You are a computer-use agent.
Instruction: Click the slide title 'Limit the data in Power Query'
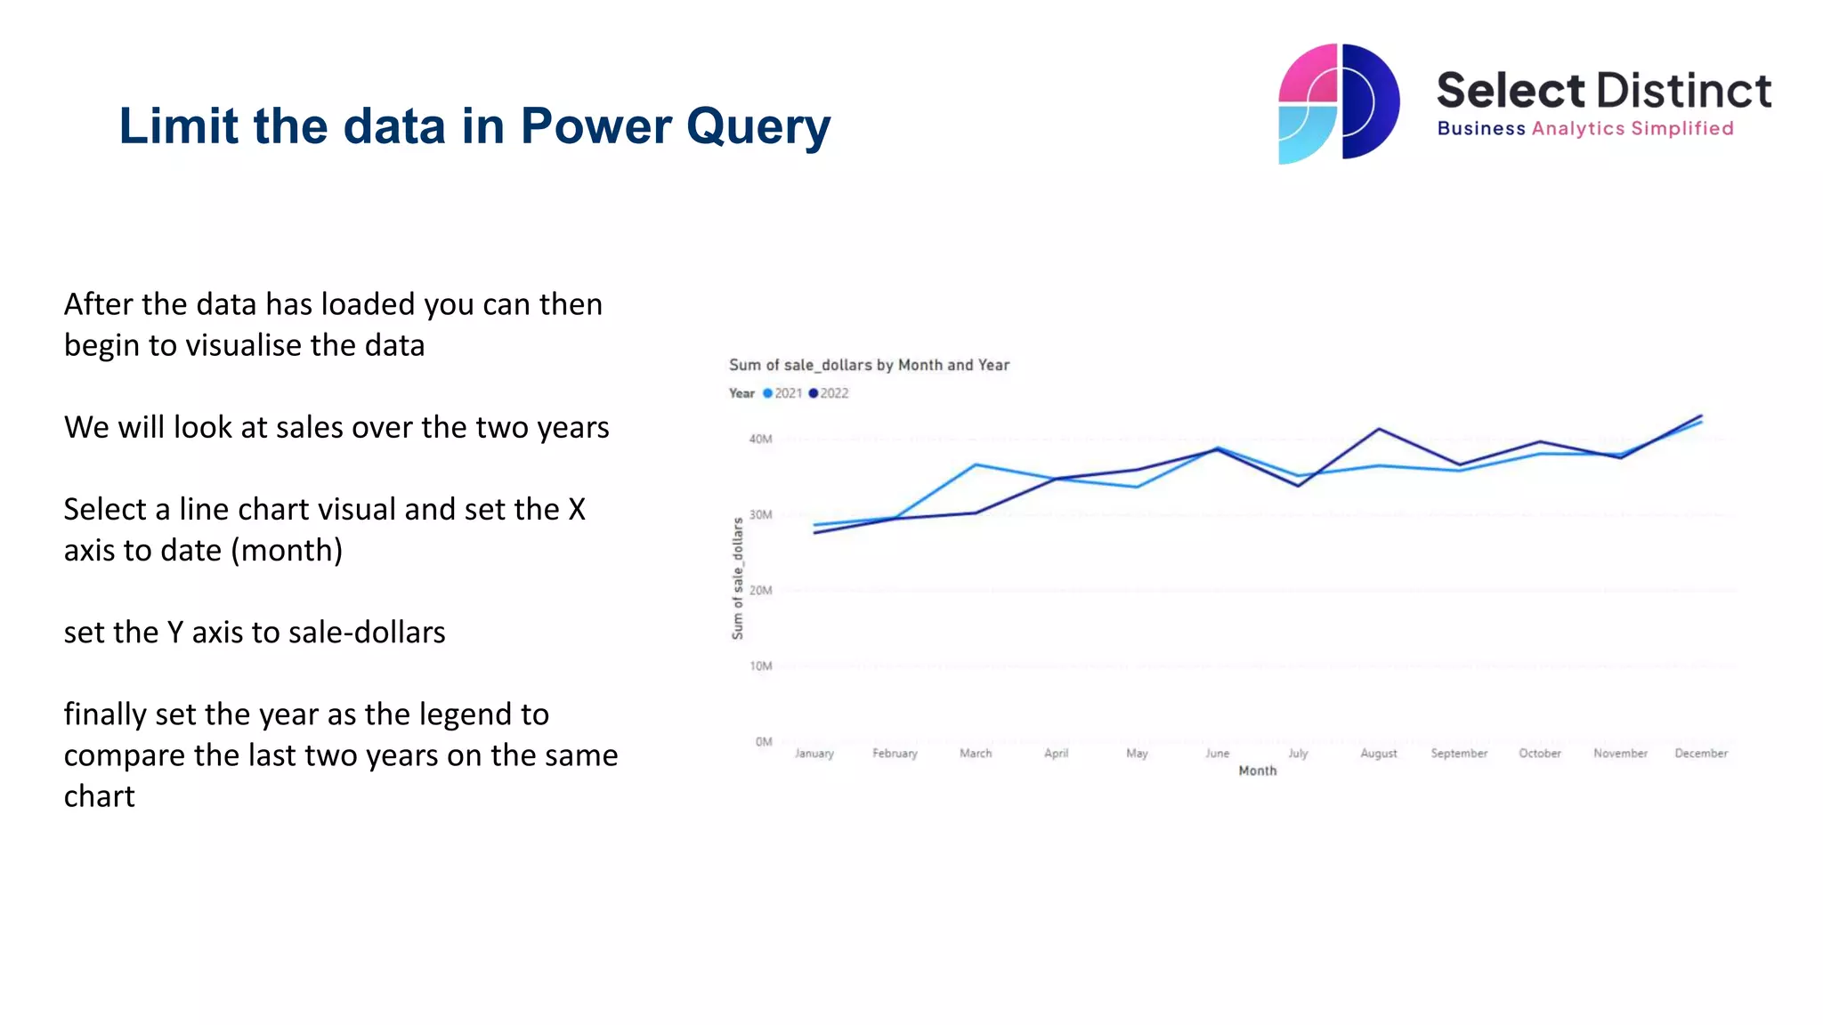click(x=474, y=126)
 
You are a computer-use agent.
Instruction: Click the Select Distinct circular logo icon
click(x=1338, y=103)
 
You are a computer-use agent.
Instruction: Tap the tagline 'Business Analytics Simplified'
click(x=1584, y=129)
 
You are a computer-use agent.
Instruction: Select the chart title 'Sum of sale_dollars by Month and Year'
click(x=869, y=365)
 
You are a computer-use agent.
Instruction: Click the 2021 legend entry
click(x=782, y=393)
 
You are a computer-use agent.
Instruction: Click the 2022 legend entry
click(x=829, y=393)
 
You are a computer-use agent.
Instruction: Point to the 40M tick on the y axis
click(x=760, y=439)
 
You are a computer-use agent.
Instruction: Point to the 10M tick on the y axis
click(x=760, y=666)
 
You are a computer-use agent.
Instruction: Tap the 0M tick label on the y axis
click(x=764, y=741)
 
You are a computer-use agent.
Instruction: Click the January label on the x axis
click(x=814, y=754)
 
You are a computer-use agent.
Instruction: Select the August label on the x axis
click(x=1378, y=754)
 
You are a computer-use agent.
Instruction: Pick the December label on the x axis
click(x=1700, y=754)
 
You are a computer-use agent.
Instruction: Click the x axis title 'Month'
click(x=1257, y=771)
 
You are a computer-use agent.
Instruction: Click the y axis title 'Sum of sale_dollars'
click(x=738, y=578)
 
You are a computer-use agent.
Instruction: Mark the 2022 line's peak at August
click(x=1379, y=429)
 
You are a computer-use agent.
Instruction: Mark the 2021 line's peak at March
click(x=976, y=464)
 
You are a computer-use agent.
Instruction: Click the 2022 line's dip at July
click(x=1298, y=486)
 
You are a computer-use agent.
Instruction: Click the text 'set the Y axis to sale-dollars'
click(x=255, y=632)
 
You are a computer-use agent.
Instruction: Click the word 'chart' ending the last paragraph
click(x=99, y=796)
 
